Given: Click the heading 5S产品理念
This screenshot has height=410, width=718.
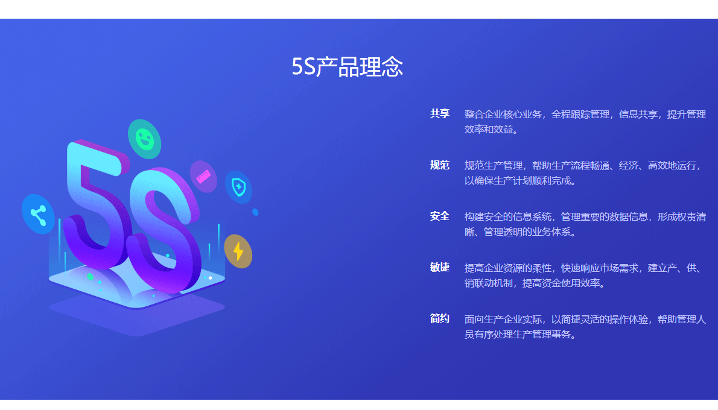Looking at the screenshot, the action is (x=347, y=67).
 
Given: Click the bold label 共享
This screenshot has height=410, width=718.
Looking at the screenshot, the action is (x=440, y=113).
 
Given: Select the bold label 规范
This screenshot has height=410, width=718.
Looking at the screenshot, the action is (x=440, y=165).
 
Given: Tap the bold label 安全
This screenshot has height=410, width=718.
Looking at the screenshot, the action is (x=440, y=216).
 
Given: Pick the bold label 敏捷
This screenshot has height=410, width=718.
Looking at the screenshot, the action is (x=440, y=267).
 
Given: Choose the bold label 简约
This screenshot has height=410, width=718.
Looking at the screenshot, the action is (x=440, y=318).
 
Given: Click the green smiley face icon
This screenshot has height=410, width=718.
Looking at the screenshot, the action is (x=145, y=139).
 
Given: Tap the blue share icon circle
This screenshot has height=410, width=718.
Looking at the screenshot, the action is (x=38, y=214).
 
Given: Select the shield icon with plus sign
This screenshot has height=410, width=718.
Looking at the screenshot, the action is (x=238, y=187).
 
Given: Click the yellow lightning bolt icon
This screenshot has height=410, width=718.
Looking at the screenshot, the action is (x=238, y=251).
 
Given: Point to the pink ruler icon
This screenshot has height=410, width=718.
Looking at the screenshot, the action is (x=203, y=177).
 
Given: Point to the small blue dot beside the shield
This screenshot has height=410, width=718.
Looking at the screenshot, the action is (x=255, y=212).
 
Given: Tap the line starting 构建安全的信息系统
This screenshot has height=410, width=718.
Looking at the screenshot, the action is (x=585, y=216).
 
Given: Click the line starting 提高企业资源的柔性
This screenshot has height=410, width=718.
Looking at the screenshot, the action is (x=583, y=268).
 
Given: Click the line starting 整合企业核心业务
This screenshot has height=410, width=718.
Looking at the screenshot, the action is (x=585, y=114).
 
